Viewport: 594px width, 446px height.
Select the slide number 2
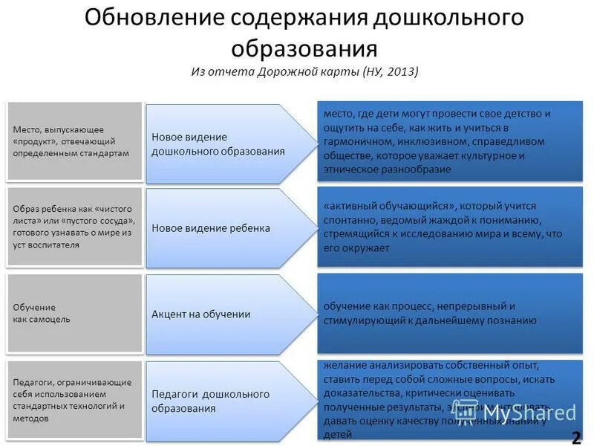(576, 435)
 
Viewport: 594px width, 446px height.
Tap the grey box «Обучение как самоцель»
(74, 313)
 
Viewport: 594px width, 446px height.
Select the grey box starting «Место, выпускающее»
(74, 141)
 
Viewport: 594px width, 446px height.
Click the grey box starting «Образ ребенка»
(74, 227)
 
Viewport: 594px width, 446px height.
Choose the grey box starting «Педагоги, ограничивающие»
(74, 400)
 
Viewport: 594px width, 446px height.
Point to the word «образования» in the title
(304, 48)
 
